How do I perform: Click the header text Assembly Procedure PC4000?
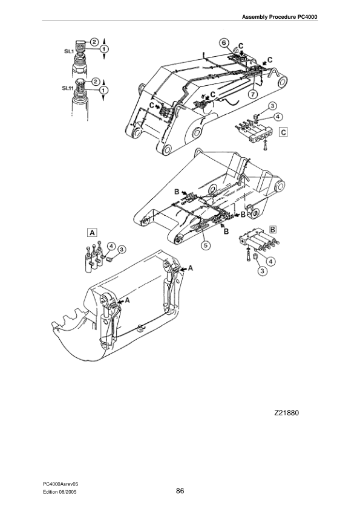tap(280, 16)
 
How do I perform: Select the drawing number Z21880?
tap(287, 413)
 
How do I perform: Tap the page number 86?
tap(180, 490)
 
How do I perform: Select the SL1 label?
tap(69, 52)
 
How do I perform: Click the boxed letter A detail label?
tap(92, 232)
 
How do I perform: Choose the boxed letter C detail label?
tap(283, 131)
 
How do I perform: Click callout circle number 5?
tap(206, 245)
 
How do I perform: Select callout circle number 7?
tap(252, 94)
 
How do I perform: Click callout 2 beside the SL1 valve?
tap(95, 41)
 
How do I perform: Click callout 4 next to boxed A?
tap(112, 245)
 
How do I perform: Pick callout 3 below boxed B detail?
tap(262, 271)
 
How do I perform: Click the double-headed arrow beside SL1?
tap(106, 48)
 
